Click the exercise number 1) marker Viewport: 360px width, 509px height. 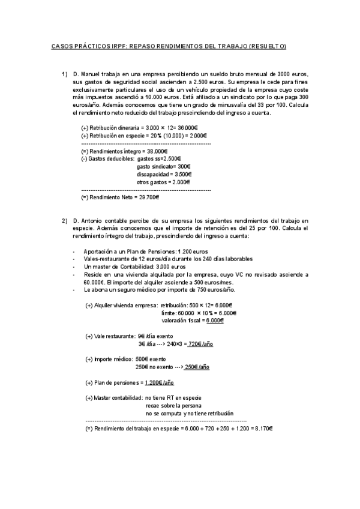coord(65,74)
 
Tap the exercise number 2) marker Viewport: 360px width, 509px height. coord(65,221)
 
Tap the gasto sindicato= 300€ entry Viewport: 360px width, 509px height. coord(163,167)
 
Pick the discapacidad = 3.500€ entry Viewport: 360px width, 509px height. coord(164,175)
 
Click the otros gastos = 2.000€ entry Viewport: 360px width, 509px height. coord(163,182)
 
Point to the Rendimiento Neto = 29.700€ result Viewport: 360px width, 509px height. coord(120,197)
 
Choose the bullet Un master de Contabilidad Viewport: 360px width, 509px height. coord(126,267)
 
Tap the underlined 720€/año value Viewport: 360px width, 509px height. coord(200,345)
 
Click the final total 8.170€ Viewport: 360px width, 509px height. coord(262,429)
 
